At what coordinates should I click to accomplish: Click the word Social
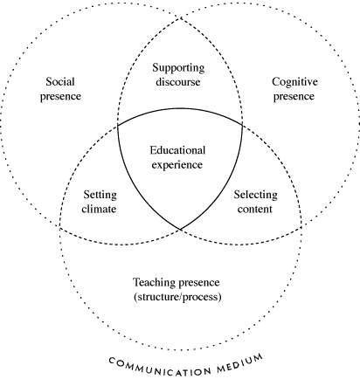point(60,81)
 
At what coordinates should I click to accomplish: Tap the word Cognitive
point(294,82)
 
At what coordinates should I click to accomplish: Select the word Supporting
point(178,68)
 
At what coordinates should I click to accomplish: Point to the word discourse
point(178,82)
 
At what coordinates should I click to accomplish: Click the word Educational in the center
point(177,150)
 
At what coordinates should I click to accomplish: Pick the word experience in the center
point(177,165)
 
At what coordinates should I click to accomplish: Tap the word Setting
point(100,195)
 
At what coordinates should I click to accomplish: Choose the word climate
point(99,209)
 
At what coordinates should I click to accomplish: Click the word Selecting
point(255,195)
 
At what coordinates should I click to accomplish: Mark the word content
point(255,209)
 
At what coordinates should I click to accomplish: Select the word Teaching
point(154,283)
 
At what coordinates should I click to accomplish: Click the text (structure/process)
point(177,297)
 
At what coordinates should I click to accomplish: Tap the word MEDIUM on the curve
point(240,363)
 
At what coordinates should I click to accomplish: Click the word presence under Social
point(60,97)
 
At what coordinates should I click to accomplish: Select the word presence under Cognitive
point(294,97)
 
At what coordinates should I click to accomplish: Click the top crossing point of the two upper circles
point(180,18)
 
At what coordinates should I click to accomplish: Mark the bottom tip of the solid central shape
point(180,230)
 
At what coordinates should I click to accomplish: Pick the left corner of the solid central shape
point(118,126)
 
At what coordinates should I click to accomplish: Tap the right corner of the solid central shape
point(242,125)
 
